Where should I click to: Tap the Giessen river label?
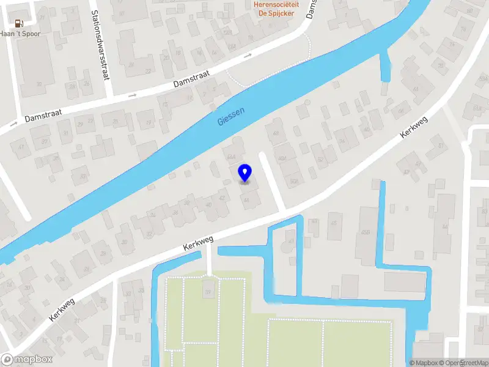(x=231, y=116)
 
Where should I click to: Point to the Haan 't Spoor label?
(x=20, y=34)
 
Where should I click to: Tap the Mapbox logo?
(x=27, y=360)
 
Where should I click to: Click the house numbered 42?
(x=222, y=198)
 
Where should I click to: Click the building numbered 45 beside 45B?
(x=334, y=223)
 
